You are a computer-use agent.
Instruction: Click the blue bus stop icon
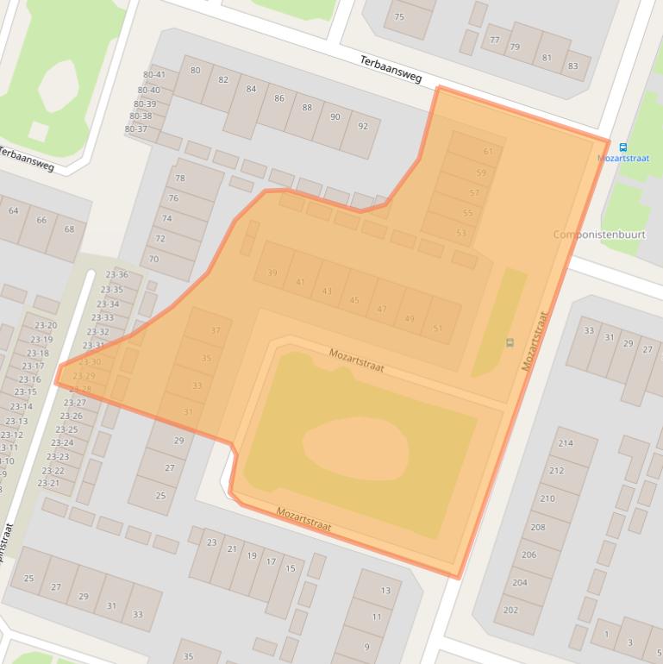click(x=623, y=147)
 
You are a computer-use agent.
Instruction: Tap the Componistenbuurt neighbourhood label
click(x=600, y=235)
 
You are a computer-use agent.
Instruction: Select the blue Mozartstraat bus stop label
click(x=623, y=159)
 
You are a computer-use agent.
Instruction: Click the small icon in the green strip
click(x=510, y=343)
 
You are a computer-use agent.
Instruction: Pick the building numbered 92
click(x=363, y=126)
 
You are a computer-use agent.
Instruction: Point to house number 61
click(x=488, y=152)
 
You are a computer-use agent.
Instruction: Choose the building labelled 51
click(x=438, y=328)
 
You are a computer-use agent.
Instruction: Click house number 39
click(x=272, y=273)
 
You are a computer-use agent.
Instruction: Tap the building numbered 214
click(x=566, y=443)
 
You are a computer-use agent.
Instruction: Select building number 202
click(x=510, y=610)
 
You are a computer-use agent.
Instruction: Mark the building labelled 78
click(x=180, y=179)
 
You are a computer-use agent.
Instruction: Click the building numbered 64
click(x=13, y=210)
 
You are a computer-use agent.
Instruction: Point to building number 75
click(x=399, y=17)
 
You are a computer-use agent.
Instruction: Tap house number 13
click(x=385, y=591)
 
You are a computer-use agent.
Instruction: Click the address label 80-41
click(x=153, y=75)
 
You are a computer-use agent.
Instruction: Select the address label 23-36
click(x=116, y=275)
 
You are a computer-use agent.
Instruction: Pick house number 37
click(x=216, y=330)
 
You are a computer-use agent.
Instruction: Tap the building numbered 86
click(x=279, y=98)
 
